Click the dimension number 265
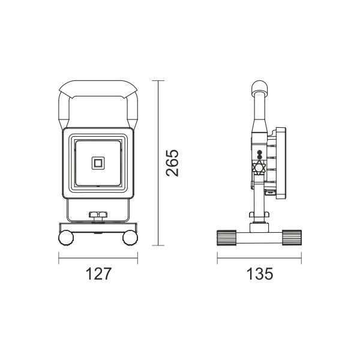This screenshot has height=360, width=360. point(172,163)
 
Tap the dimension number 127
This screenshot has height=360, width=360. point(98,274)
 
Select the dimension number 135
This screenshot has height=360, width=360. point(260,274)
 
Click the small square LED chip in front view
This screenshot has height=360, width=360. point(98,163)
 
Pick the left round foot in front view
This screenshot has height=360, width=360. point(66,238)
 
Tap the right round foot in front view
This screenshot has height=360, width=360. point(130,238)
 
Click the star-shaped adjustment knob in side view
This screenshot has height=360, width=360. point(259,168)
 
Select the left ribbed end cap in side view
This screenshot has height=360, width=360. point(227,238)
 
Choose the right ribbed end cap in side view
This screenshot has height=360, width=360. point(292,238)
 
